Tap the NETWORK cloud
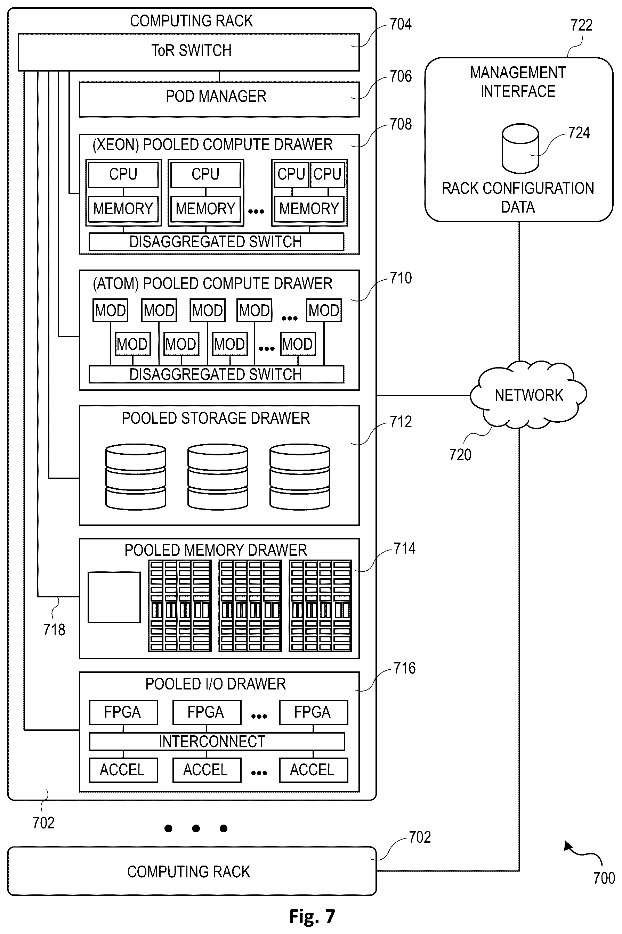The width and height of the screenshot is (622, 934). pyautogui.click(x=528, y=395)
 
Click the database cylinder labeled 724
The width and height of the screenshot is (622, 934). pyautogui.click(x=520, y=149)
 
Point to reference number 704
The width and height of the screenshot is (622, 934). pyautogui.click(x=401, y=24)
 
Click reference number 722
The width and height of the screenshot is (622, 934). pyautogui.click(x=582, y=25)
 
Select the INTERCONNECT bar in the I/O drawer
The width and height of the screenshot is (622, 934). pyautogui.click(x=217, y=742)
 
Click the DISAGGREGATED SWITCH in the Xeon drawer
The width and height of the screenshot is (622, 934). pyautogui.click(x=216, y=242)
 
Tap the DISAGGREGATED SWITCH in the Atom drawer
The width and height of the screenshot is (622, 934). pyautogui.click(x=216, y=374)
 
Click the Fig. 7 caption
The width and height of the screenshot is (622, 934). pyautogui.click(x=312, y=917)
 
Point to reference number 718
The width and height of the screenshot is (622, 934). pyautogui.click(x=54, y=630)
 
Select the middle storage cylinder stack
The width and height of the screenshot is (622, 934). pyautogui.click(x=218, y=477)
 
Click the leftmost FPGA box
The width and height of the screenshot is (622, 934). pyautogui.click(x=123, y=712)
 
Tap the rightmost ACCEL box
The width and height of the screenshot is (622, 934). pyautogui.click(x=313, y=770)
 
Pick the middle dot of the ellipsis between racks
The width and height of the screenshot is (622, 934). pyautogui.click(x=196, y=828)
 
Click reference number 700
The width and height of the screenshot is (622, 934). pyautogui.click(x=604, y=878)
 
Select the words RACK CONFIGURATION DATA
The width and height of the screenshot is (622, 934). pyautogui.click(x=518, y=198)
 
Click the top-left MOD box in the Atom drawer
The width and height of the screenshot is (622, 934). pyautogui.click(x=111, y=310)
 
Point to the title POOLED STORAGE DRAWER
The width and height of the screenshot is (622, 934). pyautogui.click(x=216, y=419)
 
